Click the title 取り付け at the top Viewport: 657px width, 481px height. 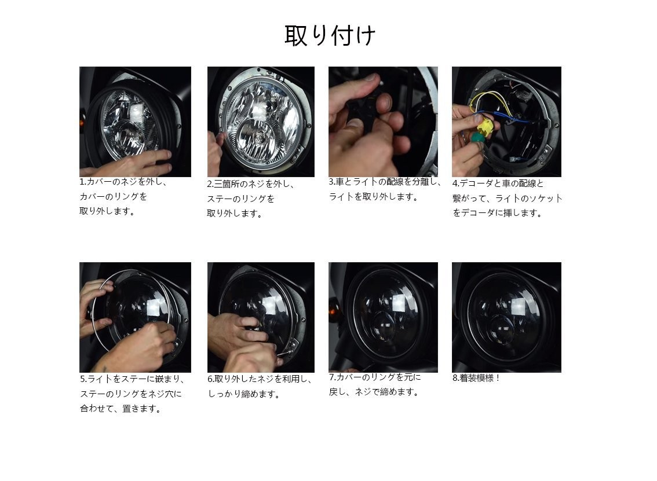pos(330,35)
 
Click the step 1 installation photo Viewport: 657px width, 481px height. pos(135,122)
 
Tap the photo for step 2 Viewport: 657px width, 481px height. pos(261,122)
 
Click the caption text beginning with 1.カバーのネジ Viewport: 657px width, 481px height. pos(123,182)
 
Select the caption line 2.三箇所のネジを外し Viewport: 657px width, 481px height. pos(251,184)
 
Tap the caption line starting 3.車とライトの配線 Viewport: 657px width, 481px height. pos(385,182)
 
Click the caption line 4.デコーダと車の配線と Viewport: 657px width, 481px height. pos(498,183)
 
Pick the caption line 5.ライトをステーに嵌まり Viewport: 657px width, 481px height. pos(133,380)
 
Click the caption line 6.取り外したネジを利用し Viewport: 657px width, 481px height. pos(260,380)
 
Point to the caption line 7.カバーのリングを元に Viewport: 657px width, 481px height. pos(375,377)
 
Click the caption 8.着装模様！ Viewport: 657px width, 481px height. pos(476,379)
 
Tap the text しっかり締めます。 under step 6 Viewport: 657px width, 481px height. pos(244,394)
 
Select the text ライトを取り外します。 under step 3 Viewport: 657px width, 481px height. pos(374,197)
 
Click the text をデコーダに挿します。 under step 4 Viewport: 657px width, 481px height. pos(498,213)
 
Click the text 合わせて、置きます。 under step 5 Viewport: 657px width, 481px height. pos(121,409)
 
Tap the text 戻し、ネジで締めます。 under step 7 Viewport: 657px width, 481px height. pos(374,392)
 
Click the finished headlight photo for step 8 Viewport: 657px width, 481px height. pos(506,317)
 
